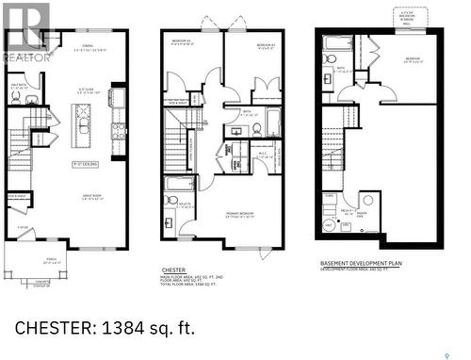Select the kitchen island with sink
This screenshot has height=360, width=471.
point(83,122)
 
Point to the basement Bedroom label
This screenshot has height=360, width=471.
point(413,58)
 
